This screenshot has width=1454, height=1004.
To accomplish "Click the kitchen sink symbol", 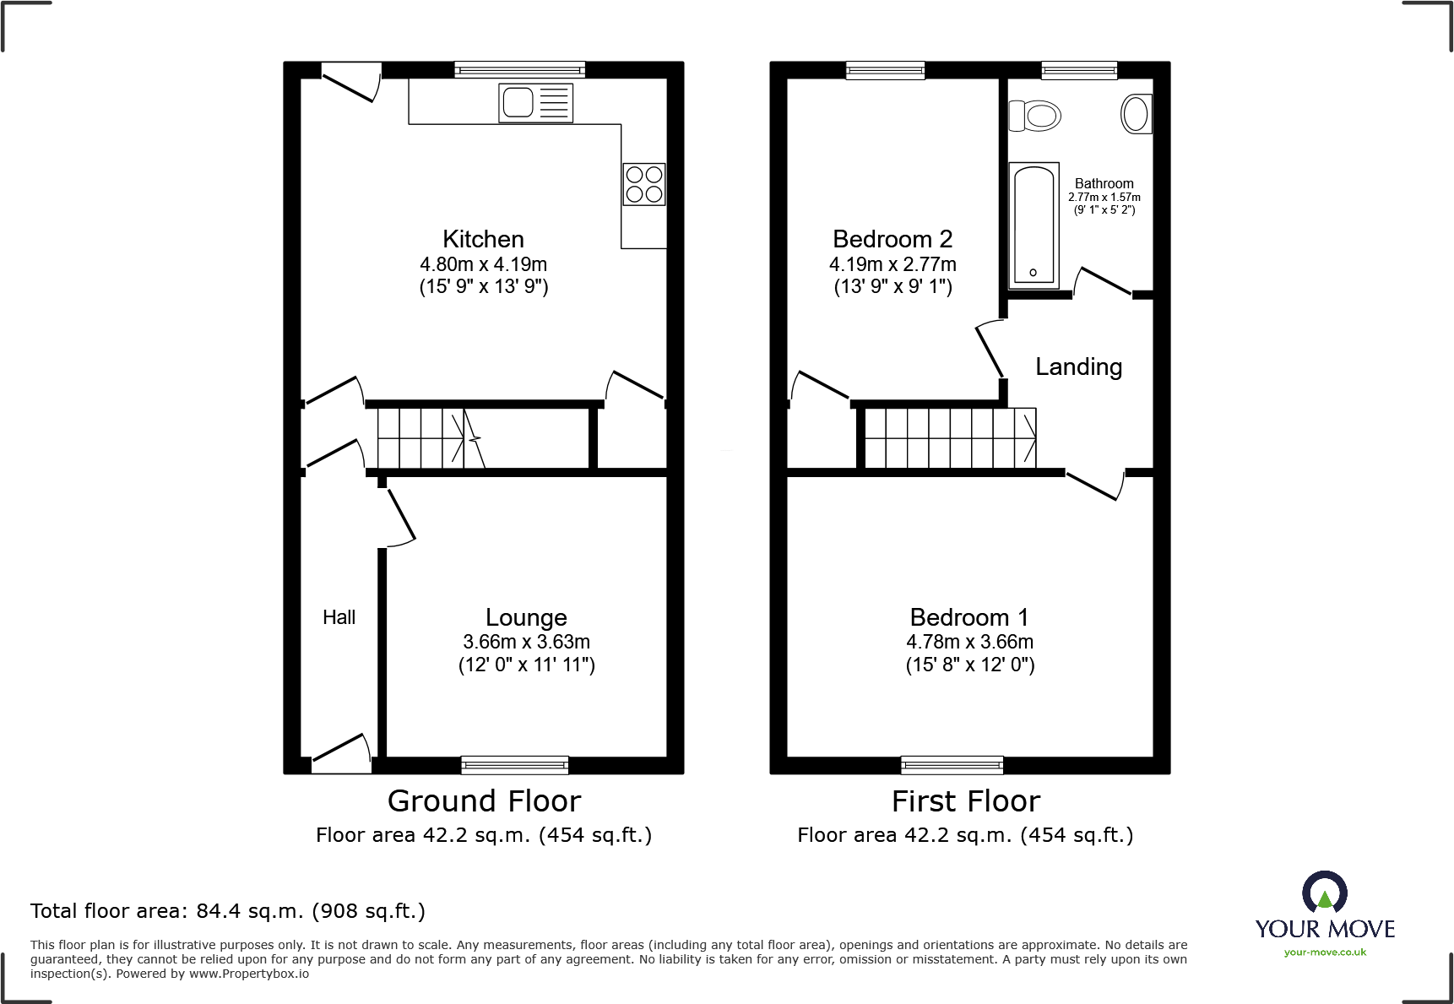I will tap(535, 103).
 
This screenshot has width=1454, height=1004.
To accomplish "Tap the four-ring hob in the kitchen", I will tap(644, 184).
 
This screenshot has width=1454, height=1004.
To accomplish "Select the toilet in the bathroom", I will tap(1036, 116).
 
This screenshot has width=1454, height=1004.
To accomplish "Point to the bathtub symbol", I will tap(1034, 225).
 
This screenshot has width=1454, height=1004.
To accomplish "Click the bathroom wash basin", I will tap(1137, 113).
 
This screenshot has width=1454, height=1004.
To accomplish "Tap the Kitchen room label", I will tap(483, 239).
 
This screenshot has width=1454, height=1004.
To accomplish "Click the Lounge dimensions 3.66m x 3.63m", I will tap(526, 642).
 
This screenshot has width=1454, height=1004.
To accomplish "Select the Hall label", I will tap(339, 617).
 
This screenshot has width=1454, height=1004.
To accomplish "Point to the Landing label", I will tap(1078, 366).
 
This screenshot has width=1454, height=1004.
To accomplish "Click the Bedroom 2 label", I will tap(892, 239).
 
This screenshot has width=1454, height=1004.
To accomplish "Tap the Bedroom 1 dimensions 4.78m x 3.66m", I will tap(969, 642).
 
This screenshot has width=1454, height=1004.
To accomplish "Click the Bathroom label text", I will tap(1104, 183).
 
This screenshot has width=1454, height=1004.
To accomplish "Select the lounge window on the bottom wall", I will tap(514, 765).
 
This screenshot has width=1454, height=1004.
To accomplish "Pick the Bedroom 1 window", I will tap(952, 765).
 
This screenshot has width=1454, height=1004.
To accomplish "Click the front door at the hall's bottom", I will tap(341, 753).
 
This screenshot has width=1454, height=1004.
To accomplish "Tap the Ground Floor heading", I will tap(484, 800).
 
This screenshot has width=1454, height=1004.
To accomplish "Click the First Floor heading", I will tap(965, 800).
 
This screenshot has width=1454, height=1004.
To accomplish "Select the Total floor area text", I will tap(228, 911).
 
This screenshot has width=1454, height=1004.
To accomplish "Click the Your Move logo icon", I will tap(1324, 893).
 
